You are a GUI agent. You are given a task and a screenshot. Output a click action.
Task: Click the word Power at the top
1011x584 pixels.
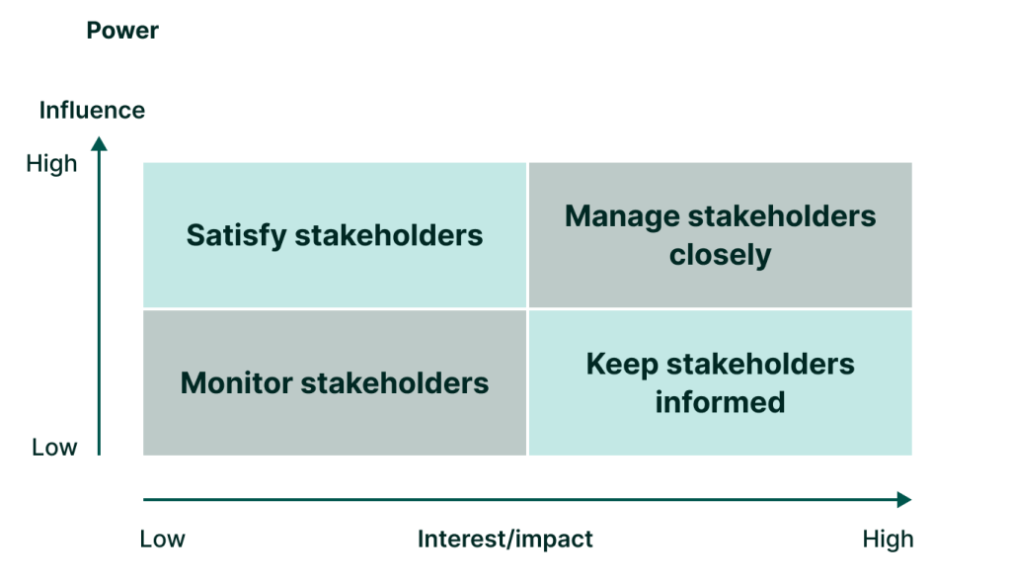point(122,31)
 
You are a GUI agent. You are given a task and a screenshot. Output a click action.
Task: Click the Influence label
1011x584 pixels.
point(92,110)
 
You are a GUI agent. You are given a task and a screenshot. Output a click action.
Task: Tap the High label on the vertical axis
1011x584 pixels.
point(51,164)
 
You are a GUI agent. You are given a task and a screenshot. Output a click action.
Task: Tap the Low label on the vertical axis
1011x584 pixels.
point(54,448)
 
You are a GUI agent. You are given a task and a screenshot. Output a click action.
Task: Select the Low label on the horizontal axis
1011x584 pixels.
point(162,539)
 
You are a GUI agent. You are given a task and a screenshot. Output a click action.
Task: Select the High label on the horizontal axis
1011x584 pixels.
point(888,539)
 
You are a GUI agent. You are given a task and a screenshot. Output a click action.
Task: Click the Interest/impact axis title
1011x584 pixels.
point(505,539)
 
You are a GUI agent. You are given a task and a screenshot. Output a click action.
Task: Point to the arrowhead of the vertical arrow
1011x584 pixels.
point(99,144)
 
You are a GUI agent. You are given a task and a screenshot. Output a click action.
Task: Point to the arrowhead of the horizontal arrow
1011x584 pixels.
point(903,500)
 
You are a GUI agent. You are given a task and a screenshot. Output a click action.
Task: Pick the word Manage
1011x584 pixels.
point(622,215)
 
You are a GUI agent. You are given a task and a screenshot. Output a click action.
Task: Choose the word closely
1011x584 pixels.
point(720,255)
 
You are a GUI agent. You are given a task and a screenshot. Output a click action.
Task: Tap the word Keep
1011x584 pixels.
point(621,364)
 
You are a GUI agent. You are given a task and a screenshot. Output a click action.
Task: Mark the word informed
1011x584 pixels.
point(720,402)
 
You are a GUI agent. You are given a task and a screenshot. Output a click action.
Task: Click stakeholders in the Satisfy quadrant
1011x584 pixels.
point(389,235)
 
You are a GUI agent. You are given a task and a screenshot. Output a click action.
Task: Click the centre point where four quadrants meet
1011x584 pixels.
point(528,309)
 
